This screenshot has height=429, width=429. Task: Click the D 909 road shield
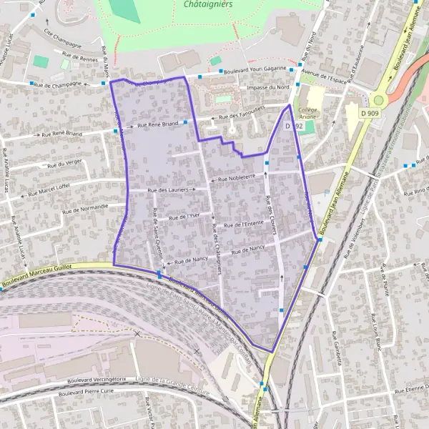(370, 113)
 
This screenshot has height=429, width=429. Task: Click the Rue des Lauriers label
(167, 190)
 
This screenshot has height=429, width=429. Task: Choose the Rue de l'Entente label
(244, 225)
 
